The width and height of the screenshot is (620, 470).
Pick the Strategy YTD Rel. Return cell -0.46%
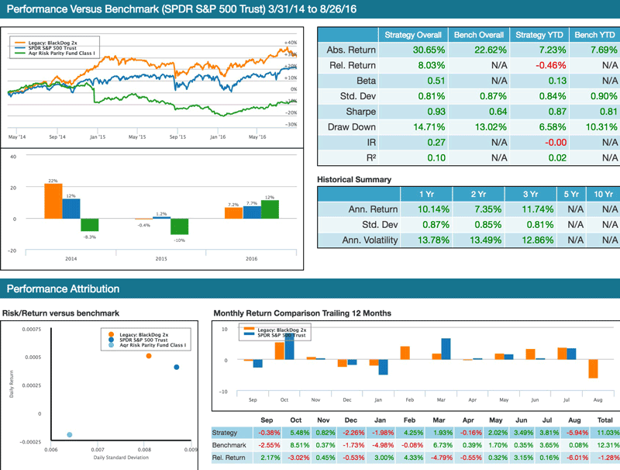coord(536,66)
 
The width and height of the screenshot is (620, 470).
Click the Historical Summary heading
coord(354,180)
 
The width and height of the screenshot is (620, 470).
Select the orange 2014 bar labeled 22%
coord(53,202)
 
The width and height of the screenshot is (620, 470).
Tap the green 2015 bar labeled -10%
coord(180,226)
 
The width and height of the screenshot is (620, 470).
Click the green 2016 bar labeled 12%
coord(270,209)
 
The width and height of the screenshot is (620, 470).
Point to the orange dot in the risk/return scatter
coord(148,356)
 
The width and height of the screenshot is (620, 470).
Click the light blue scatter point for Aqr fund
coord(70,434)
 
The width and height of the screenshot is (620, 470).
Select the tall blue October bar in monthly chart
coord(290,346)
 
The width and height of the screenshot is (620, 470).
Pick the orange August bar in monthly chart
coord(593,368)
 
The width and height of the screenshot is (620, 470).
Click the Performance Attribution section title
coord(63,289)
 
